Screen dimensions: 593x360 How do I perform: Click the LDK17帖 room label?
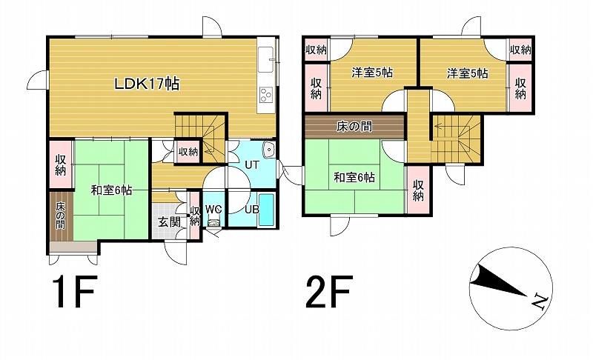coord(147,84)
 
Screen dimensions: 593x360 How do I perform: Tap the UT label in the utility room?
coord(251,165)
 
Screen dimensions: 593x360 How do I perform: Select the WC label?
coord(213,210)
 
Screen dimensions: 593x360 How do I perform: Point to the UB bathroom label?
coord(251,209)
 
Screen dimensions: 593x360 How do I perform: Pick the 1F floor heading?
coord(75,291)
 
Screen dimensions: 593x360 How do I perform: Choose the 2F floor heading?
coord(329,291)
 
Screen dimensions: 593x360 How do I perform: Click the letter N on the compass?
coord(540,301)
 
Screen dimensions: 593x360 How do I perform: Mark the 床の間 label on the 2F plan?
coord(354,126)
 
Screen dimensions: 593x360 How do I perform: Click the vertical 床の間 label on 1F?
coord(61,216)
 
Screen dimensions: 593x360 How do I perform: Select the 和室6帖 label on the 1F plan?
coord(111,190)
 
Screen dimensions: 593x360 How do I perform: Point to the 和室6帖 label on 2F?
coord(354,177)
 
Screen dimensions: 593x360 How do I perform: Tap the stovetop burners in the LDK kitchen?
coord(266,94)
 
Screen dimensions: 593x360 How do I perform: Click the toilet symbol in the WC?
coord(213,222)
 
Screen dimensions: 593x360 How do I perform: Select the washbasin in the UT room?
coord(269,150)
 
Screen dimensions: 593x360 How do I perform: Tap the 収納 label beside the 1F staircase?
coord(188,152)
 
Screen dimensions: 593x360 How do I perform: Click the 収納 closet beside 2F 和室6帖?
coord(417,191)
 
